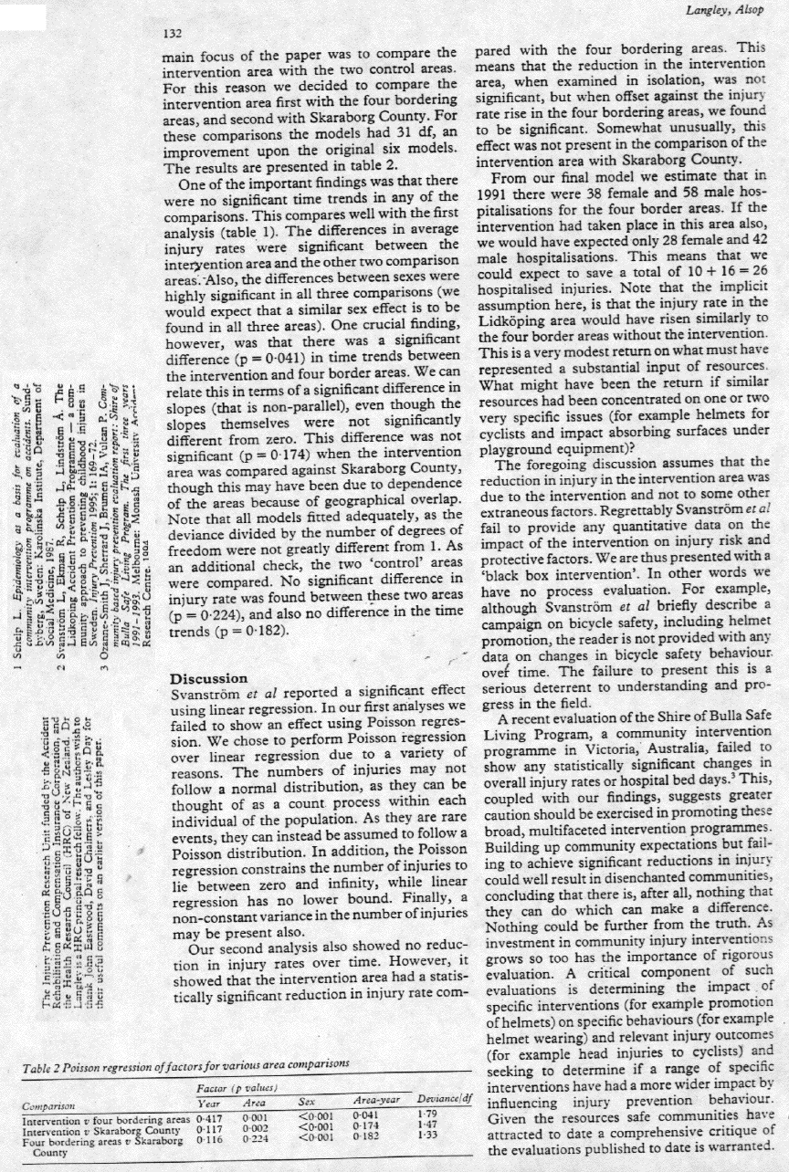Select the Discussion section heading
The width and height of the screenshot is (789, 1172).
point(211,678)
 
